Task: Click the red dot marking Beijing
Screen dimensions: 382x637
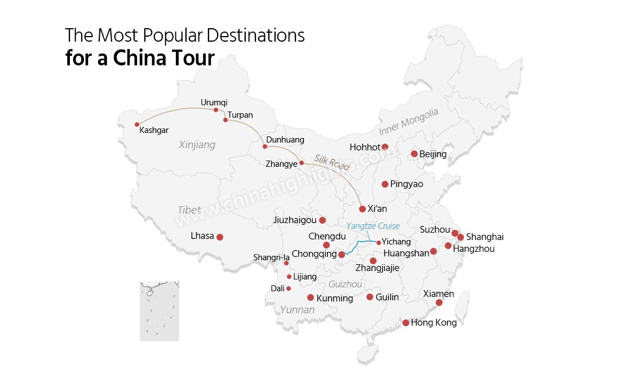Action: point(414,154)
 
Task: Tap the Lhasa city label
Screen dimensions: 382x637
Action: point(202,236)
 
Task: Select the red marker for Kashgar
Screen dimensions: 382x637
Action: point(137,125)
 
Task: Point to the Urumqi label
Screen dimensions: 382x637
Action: point(214,103)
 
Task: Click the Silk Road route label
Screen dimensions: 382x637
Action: point(332,163)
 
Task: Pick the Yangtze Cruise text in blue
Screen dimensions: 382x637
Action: point(373,226)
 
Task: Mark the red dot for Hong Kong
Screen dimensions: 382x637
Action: point(406,323)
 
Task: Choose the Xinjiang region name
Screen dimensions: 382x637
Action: point(197,145)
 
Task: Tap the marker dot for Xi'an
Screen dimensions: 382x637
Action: point(362,209)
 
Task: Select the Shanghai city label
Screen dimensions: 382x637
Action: point(485,237)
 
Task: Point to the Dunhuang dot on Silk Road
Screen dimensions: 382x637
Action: point(265,146)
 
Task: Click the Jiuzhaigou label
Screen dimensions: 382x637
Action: point(294,220)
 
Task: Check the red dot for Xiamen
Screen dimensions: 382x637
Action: point(439,303)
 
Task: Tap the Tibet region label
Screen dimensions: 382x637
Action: point(189,210)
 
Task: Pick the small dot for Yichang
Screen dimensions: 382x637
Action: point(379,243)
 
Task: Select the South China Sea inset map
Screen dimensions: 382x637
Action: point(160,311)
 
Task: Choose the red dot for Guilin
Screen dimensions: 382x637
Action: point(370,297)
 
